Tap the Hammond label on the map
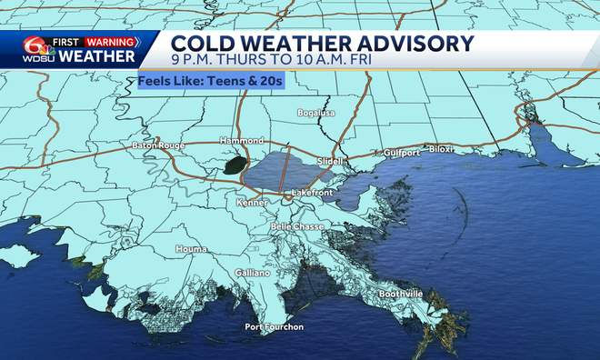tap(242, 141)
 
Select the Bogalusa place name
tap(317, 113)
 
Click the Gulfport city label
tap(402, 153)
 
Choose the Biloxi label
tap(442, 151)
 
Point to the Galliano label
tap(253, 273)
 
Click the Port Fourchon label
tap(275, 326)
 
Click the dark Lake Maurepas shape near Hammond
tap(235, 165)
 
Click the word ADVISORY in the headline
tap(413, 45)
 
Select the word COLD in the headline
tap(201, 45)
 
